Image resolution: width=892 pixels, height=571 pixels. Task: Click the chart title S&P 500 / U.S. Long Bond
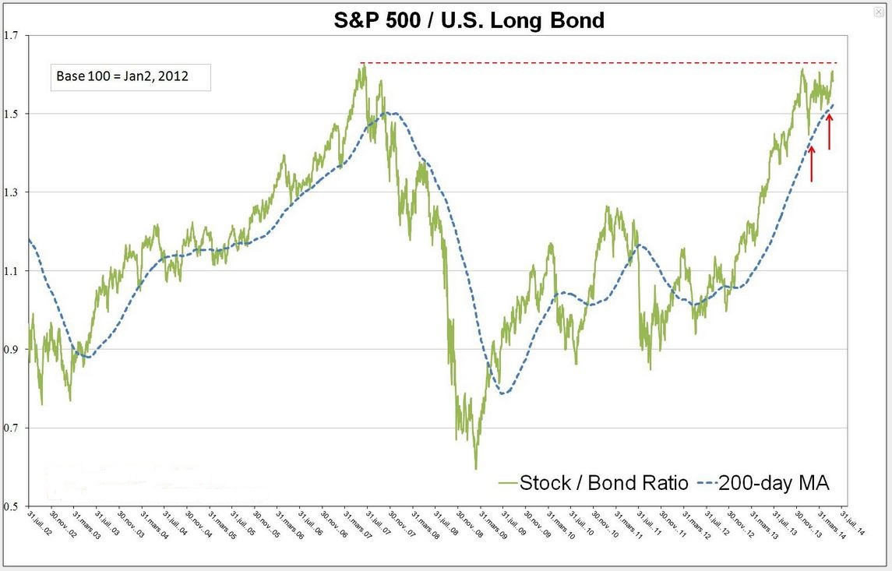pyautogui.click(x=469, y=20)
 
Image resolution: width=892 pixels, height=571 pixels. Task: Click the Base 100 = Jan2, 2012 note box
pyautogui.click(x=130, y=76)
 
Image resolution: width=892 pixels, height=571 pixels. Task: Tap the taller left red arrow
pyautogui.click(x=812, y=164)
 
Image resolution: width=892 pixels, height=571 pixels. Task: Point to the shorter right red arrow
pyautogui.click(x=829, y=132)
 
